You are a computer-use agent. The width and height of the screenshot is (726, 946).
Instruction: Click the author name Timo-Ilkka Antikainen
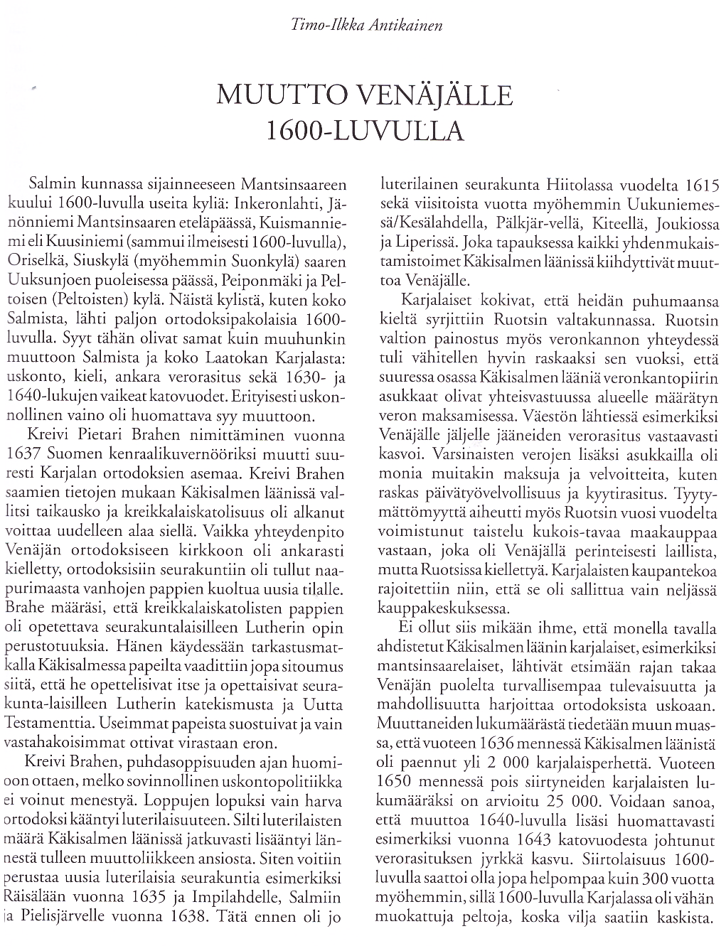click(367, 26)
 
